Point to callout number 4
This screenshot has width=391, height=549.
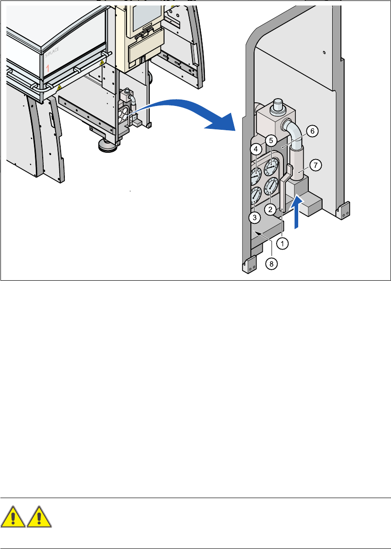pyautogui.click(x=255, y=150)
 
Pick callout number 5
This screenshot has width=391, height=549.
pyautogui.click(x=271, y=140)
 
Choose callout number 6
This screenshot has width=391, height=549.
pyautogui.click(x=312, y=131)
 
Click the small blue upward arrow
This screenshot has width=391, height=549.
pyautogui.click(x=297, y=211)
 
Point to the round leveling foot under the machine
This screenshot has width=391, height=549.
pyautogui.click(x=106, y=146)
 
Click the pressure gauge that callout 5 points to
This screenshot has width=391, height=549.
pyautogui.click(x=272, y=164)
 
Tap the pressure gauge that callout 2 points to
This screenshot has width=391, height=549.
pyautogui.click(x=272, y=187)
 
